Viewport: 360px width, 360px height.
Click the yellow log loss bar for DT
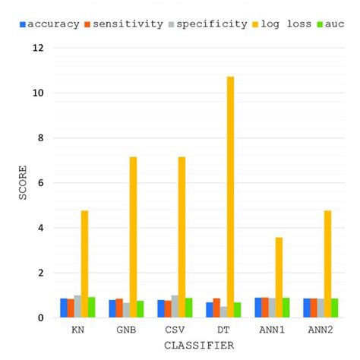[231, 197]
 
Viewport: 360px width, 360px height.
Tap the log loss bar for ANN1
[279, 277]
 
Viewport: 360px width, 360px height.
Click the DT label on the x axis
[223, 332]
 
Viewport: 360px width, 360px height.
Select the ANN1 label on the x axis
[272, 332]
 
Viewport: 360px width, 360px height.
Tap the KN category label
[77, 332]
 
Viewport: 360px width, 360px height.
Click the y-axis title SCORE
[24, 183]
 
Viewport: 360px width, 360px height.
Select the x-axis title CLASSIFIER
[199, 346]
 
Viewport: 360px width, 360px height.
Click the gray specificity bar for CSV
[175, 307]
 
